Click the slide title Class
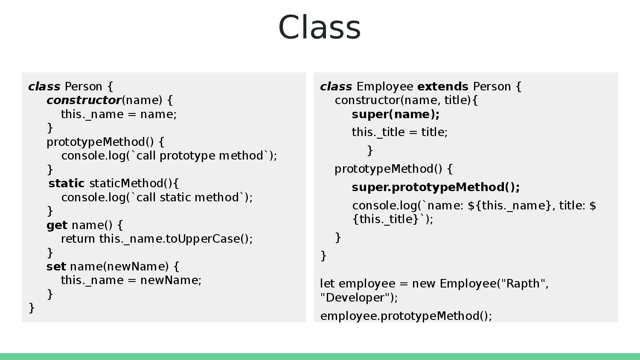pyautogui.click(x=320, y=27)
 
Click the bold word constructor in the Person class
pyautogui.click(x=84, y=100)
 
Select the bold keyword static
pyautogui.click(x=67, y=183)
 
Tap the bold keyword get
pyautogui.click(x=57, y=225)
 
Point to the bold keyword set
pyautogui.click(x=56, y=267)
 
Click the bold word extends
pyautogui.click(x=442, y=87)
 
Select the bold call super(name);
pyautogui.click(x=396, y=114)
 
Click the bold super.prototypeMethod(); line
pyautogui.click(x=436, y=187)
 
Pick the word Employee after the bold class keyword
pyautogui.click(x=384, y=87)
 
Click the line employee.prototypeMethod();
pyautogui.click(x=406, y=316)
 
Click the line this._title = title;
pyautogui.click(x=399, y=132)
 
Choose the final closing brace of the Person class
pyautogui.click(x=32, y=308)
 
